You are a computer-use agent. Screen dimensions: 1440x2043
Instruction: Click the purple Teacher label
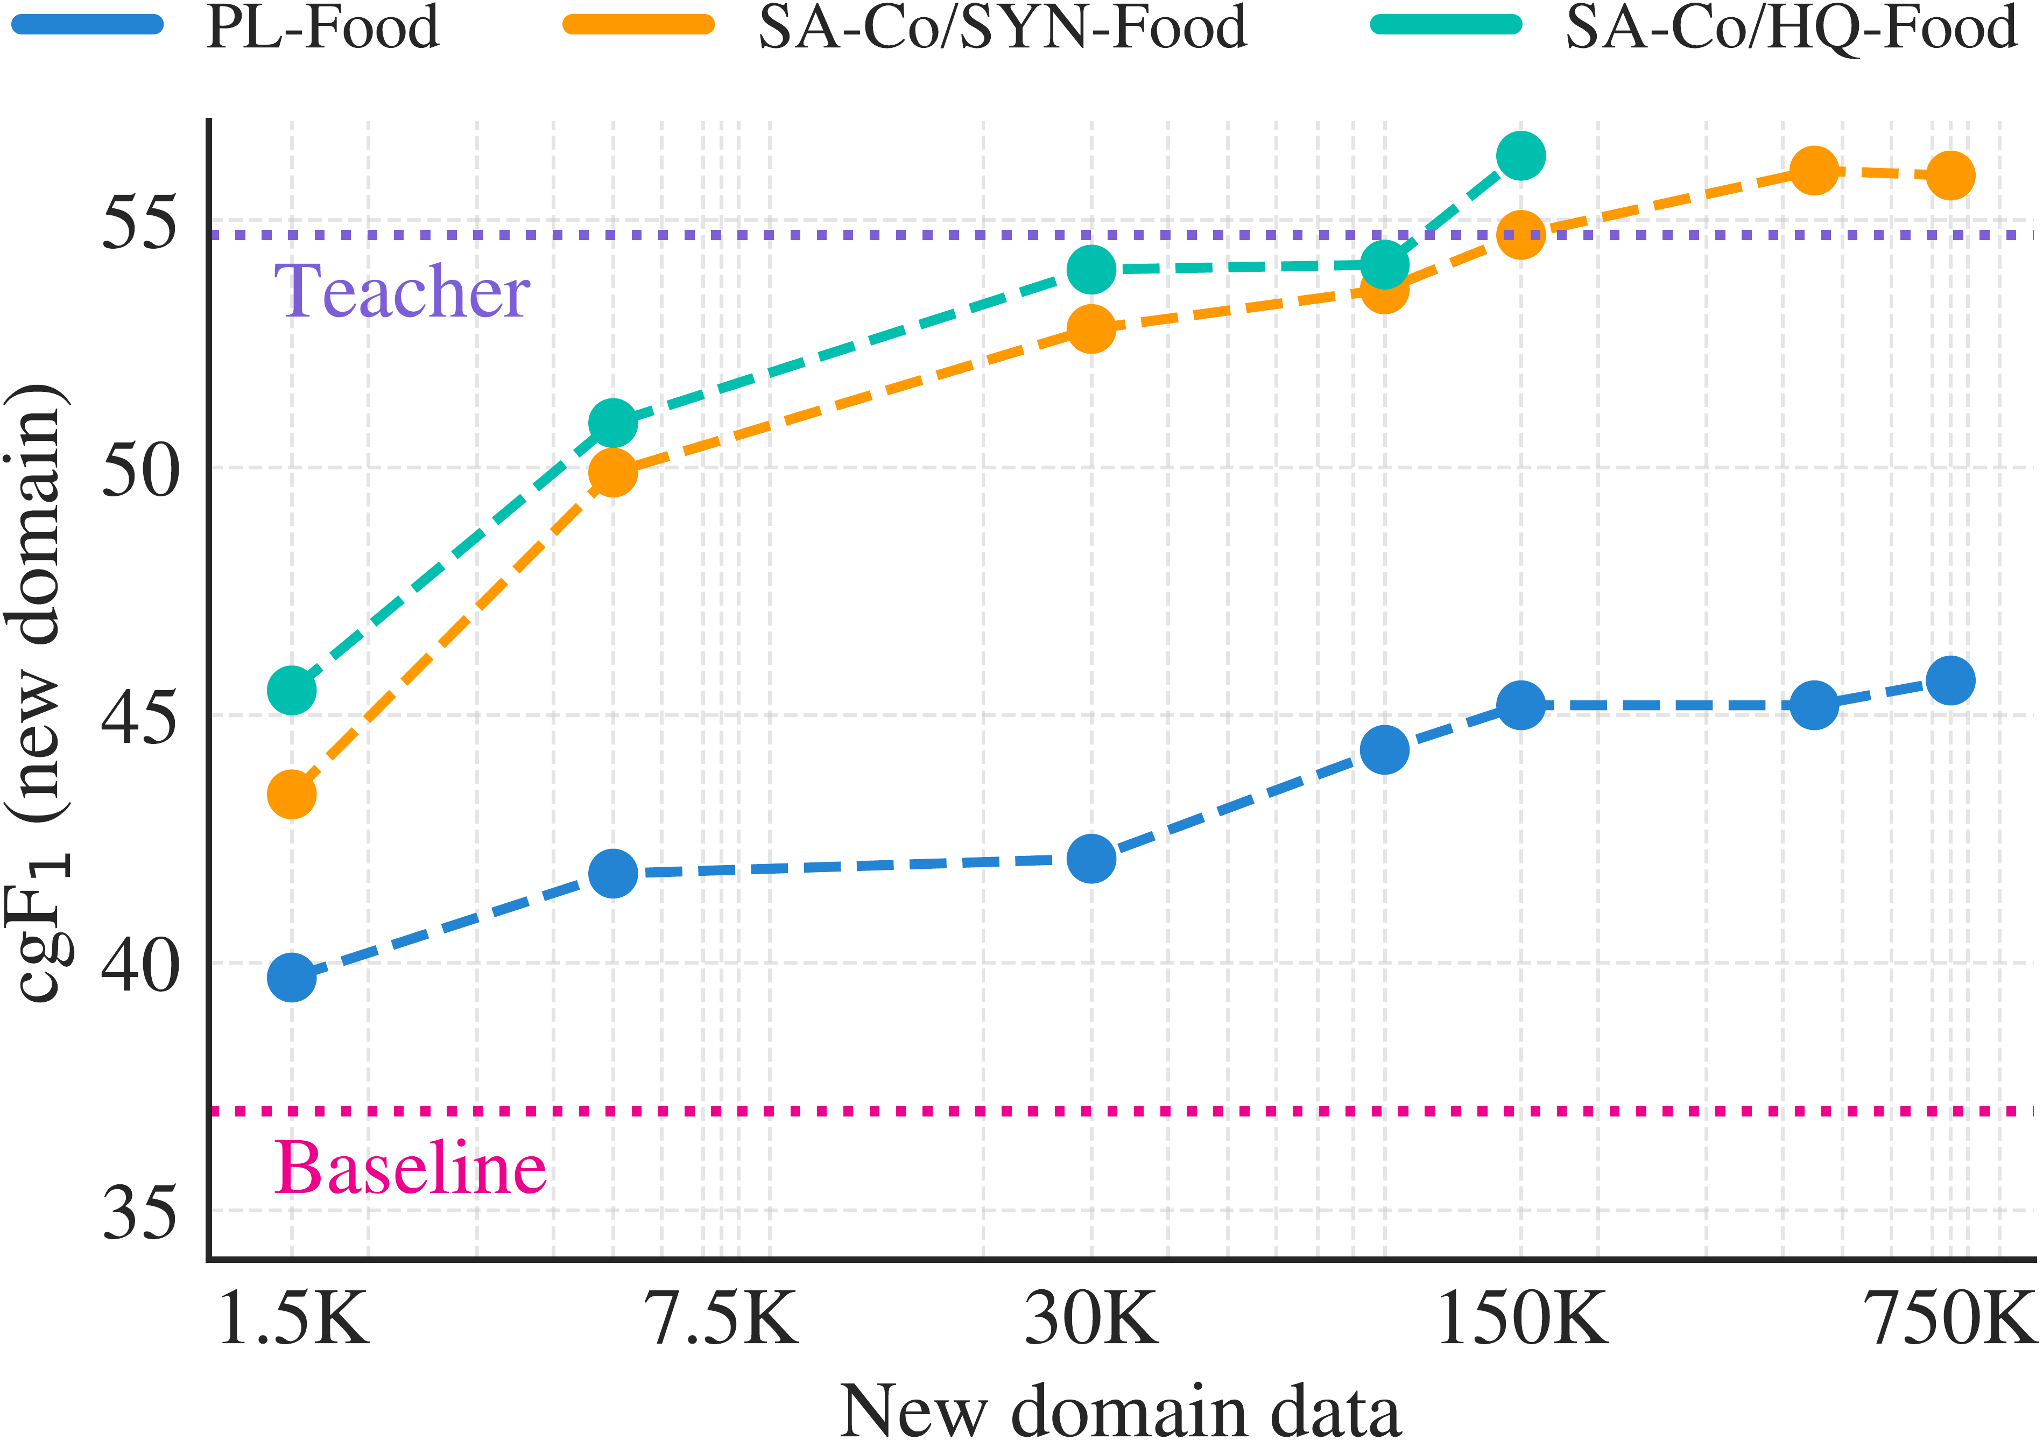click(x=402, y=292)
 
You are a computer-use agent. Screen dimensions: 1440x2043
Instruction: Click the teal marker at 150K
click(x=1521, y=156)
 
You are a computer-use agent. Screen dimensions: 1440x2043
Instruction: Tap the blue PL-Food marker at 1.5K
click(x=292, y=977)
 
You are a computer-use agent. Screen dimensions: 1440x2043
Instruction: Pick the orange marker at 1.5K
click(x=292, y=794)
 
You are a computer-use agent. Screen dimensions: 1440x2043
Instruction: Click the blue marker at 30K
click(x=1092, y=859)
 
